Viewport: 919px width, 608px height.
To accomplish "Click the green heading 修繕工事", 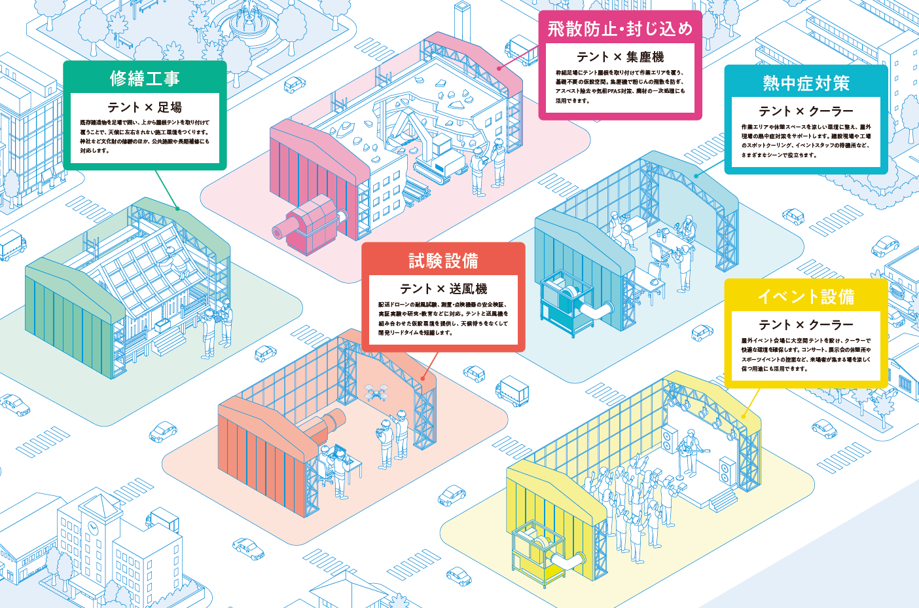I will (145, 79).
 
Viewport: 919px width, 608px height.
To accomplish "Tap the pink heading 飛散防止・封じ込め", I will (619, 29).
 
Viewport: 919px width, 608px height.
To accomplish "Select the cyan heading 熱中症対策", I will (806, 83).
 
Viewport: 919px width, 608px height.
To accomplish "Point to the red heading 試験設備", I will (443, 261).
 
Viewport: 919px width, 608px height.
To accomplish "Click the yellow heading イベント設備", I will (806, 297).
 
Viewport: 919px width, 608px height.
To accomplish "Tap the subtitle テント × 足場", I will (145, 107).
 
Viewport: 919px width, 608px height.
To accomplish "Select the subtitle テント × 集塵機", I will (619, 57).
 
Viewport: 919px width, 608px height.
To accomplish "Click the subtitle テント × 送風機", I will (443, 288).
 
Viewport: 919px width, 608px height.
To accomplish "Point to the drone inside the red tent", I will (375, 392).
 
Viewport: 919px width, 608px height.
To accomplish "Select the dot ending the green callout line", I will (177, 209).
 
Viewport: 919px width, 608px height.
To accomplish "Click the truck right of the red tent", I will (513, 390).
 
